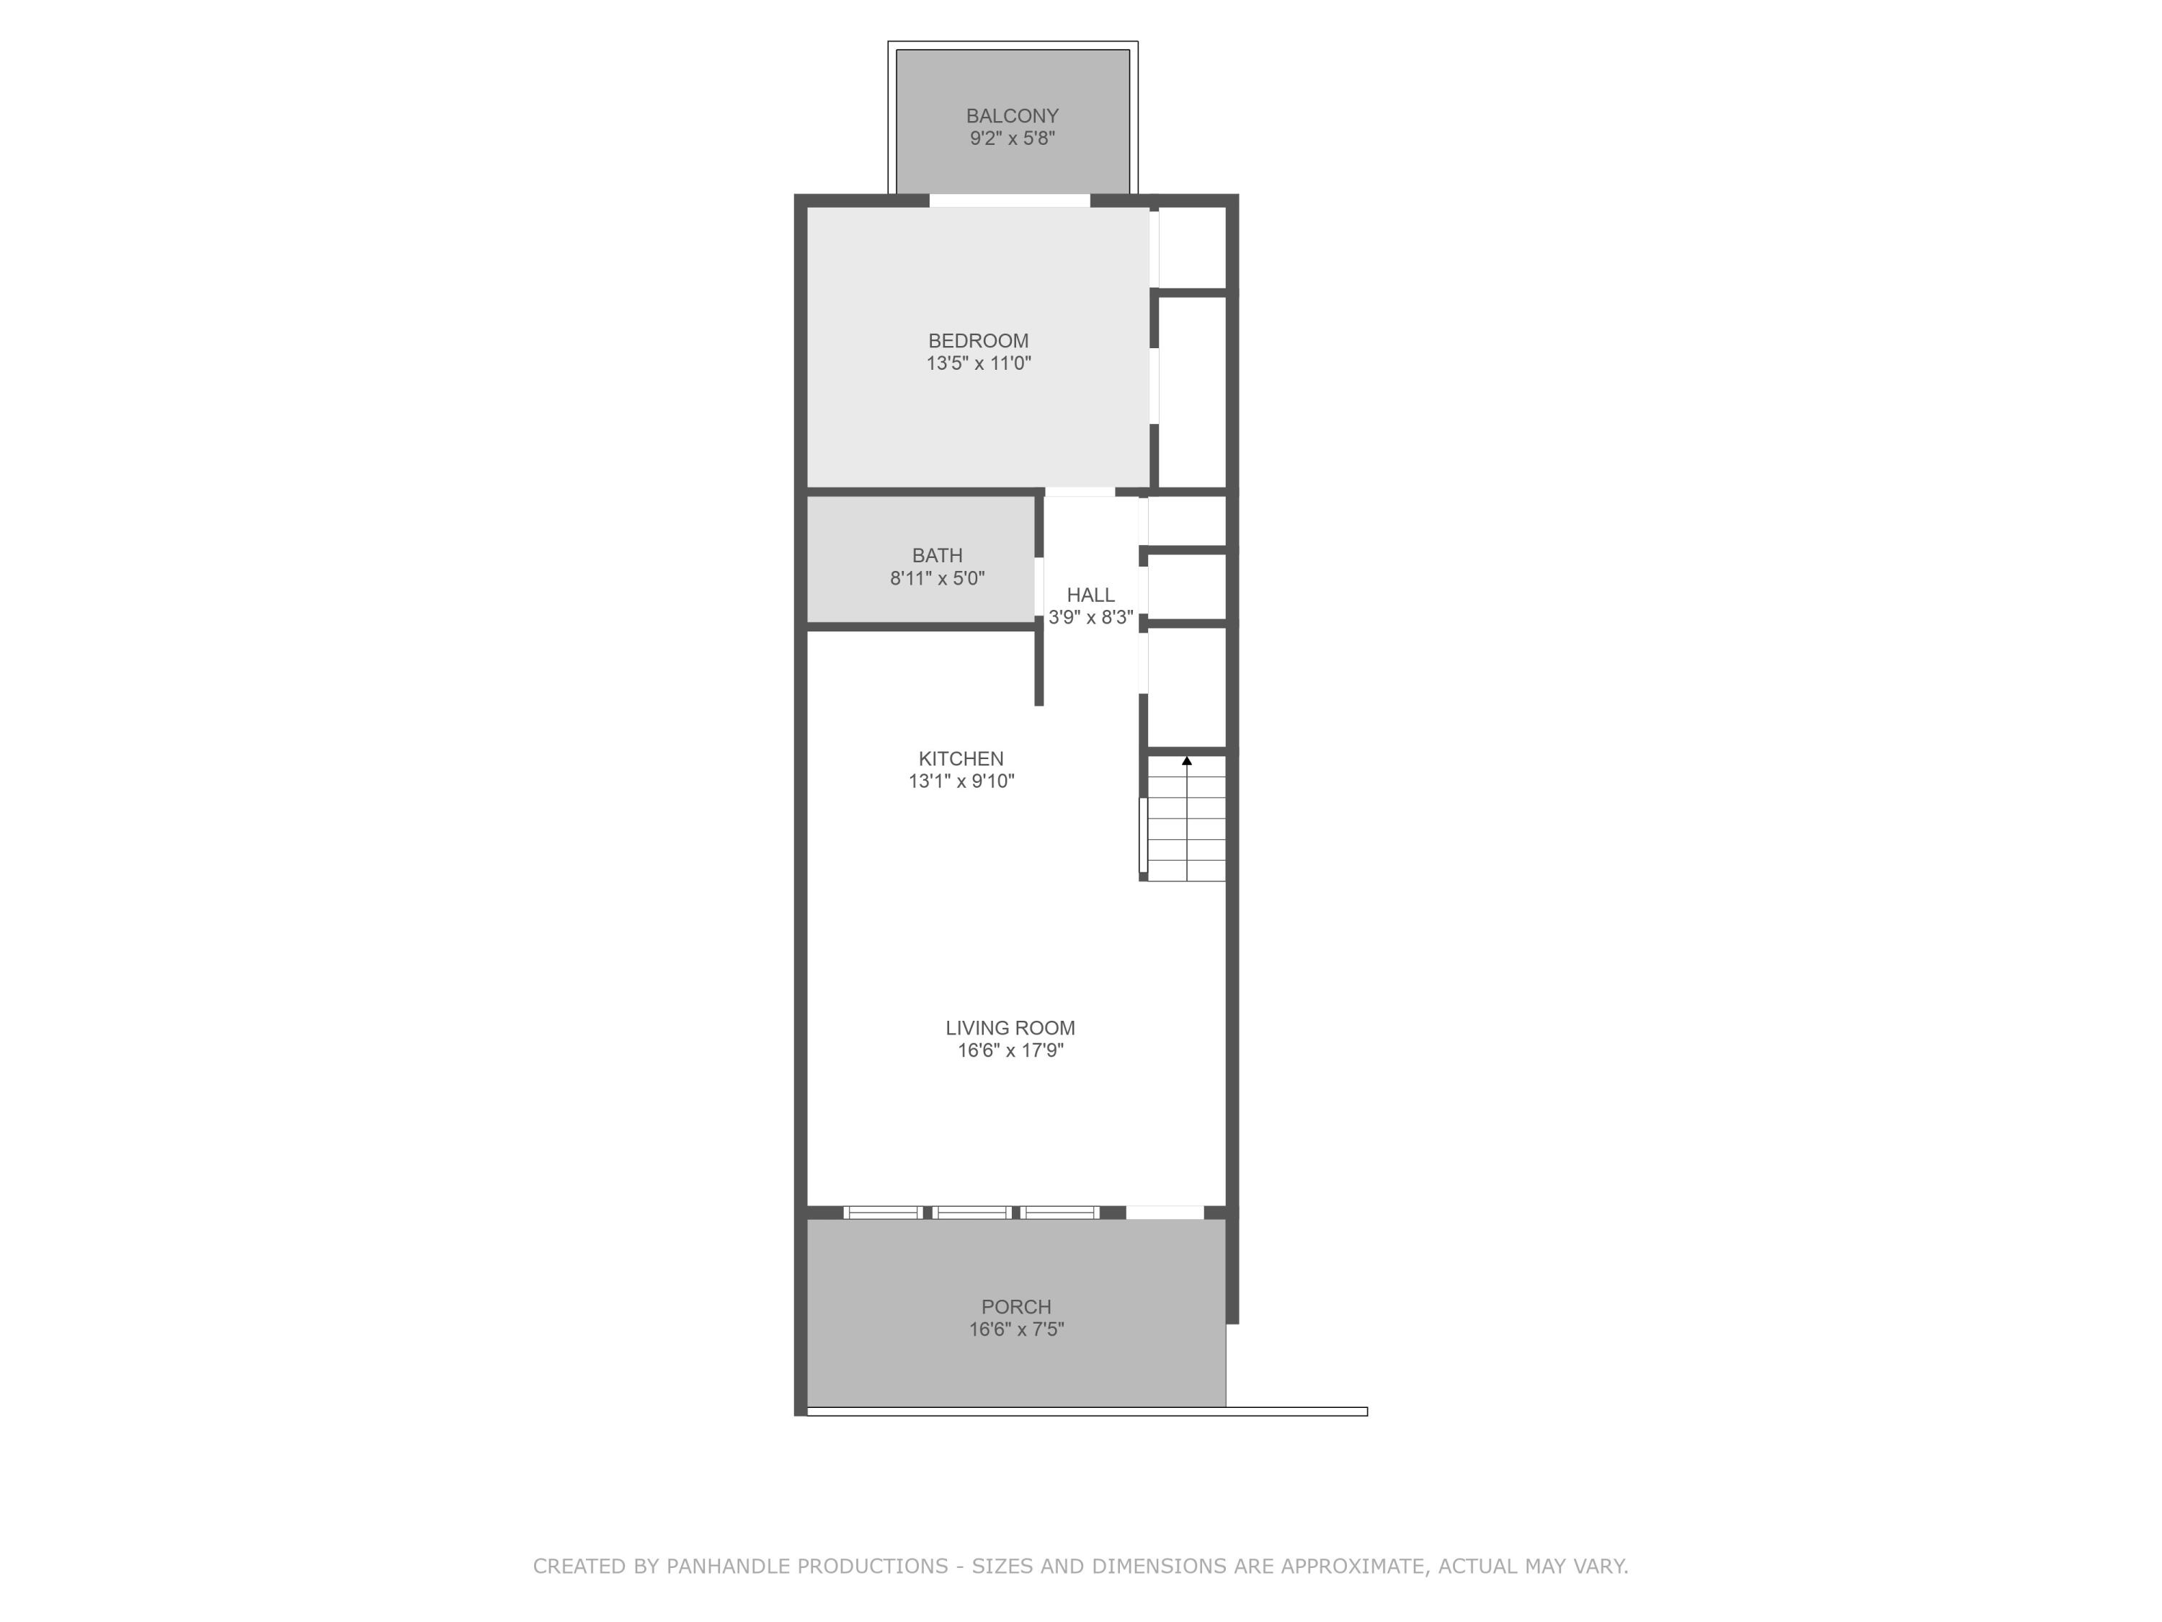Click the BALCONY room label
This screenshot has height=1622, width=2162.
(1012, 115)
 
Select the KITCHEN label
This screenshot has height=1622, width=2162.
(960, 758)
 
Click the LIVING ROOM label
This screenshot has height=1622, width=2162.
(1010, 1027)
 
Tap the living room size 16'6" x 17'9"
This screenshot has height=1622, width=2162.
(1010, 1051)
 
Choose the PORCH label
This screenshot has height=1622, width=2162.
(1015, 1306)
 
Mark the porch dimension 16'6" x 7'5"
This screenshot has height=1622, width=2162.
(1015, 1329)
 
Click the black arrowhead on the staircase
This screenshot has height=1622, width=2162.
(1186, 761)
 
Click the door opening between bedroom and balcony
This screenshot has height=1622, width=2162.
(1009, 200)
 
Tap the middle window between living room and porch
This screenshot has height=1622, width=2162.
(971, 1213)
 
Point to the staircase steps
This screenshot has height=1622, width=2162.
(1185, 821)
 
